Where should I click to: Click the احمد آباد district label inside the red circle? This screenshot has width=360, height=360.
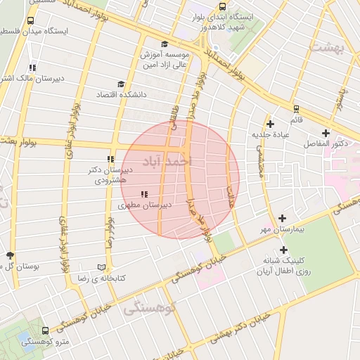click(x=167, y=162)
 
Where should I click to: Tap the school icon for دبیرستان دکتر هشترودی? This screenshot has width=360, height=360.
click(x=110, y=160)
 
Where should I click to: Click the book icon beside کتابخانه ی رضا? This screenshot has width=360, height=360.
click(x=102, y=268)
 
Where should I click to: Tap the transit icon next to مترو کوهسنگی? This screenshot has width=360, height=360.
click(x=46, y=330)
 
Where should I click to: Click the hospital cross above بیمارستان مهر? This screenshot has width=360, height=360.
click(x=283, y=219)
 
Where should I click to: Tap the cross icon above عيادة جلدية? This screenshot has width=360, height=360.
click(x=270, y=124)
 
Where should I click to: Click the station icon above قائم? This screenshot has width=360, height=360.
click(x=296, y=109)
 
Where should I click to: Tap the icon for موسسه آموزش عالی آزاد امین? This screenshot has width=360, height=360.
click(x=164, y=44)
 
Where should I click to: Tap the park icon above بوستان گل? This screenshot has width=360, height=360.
click(x=9, y=255)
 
